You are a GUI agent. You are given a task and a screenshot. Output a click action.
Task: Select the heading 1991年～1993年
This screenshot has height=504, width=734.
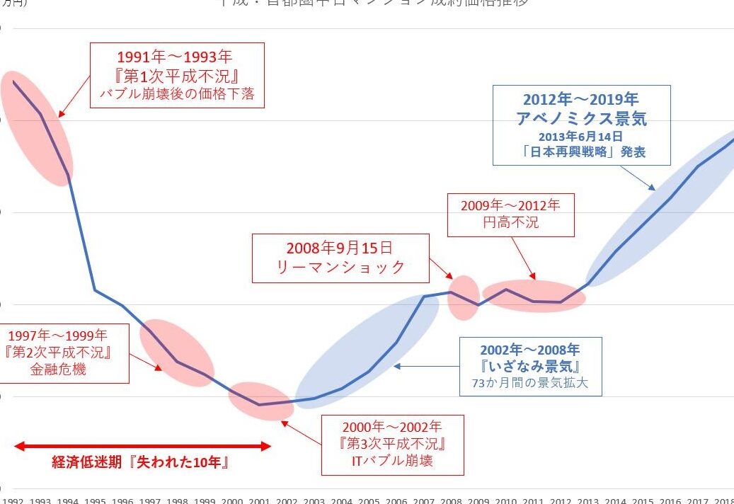[x=177, y=57]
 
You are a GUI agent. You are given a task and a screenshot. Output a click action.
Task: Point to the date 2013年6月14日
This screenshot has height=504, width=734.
[x=581, y=136]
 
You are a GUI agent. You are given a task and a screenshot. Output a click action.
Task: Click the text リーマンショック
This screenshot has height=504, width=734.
[x=340, y=267]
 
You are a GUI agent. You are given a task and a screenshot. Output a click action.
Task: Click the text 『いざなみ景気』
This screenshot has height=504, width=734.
[x=530, y=367]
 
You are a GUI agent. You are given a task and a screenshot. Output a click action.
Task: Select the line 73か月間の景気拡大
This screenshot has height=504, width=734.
[x=530, y=384]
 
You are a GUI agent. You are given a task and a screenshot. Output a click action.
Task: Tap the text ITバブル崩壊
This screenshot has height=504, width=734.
[x=392, y=462]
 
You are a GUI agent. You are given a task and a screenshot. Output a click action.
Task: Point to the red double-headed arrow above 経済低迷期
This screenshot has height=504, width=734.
[x=142, y=446]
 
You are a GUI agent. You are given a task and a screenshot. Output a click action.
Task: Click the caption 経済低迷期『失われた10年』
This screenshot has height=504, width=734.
[x=142, y=463]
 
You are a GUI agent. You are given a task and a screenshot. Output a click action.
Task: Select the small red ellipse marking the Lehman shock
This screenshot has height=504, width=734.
[x=464, y=297]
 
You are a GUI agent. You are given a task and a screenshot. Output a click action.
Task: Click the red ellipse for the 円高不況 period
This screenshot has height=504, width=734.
[x=534, y=296]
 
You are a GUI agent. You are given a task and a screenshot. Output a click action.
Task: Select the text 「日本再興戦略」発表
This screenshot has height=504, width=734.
[x=581, y=151]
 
